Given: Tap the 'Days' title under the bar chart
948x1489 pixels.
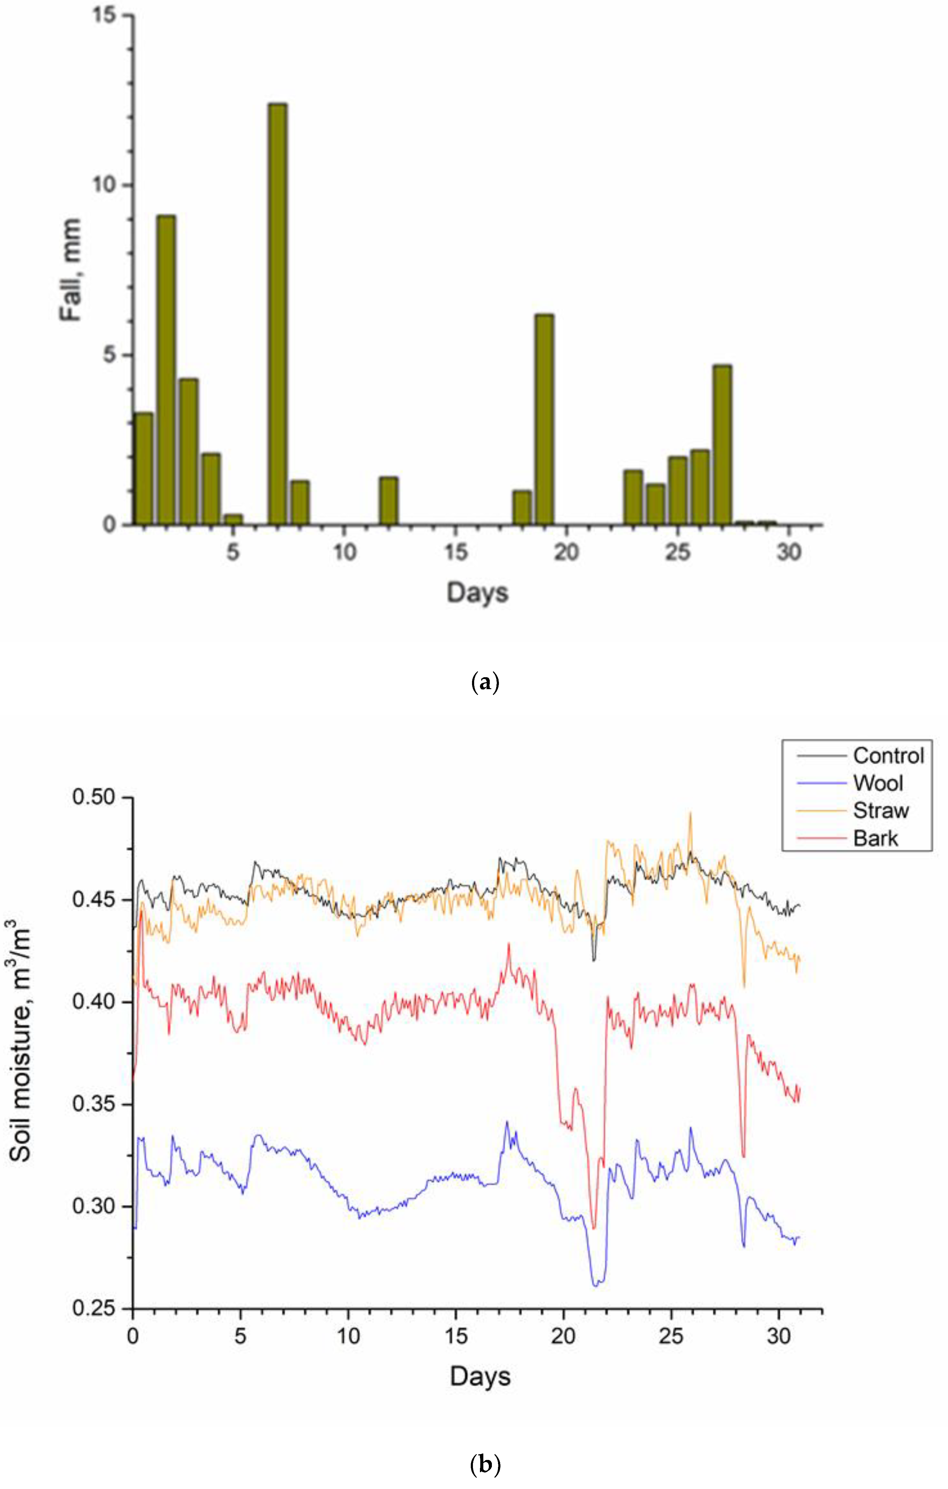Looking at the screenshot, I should [477, 592].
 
